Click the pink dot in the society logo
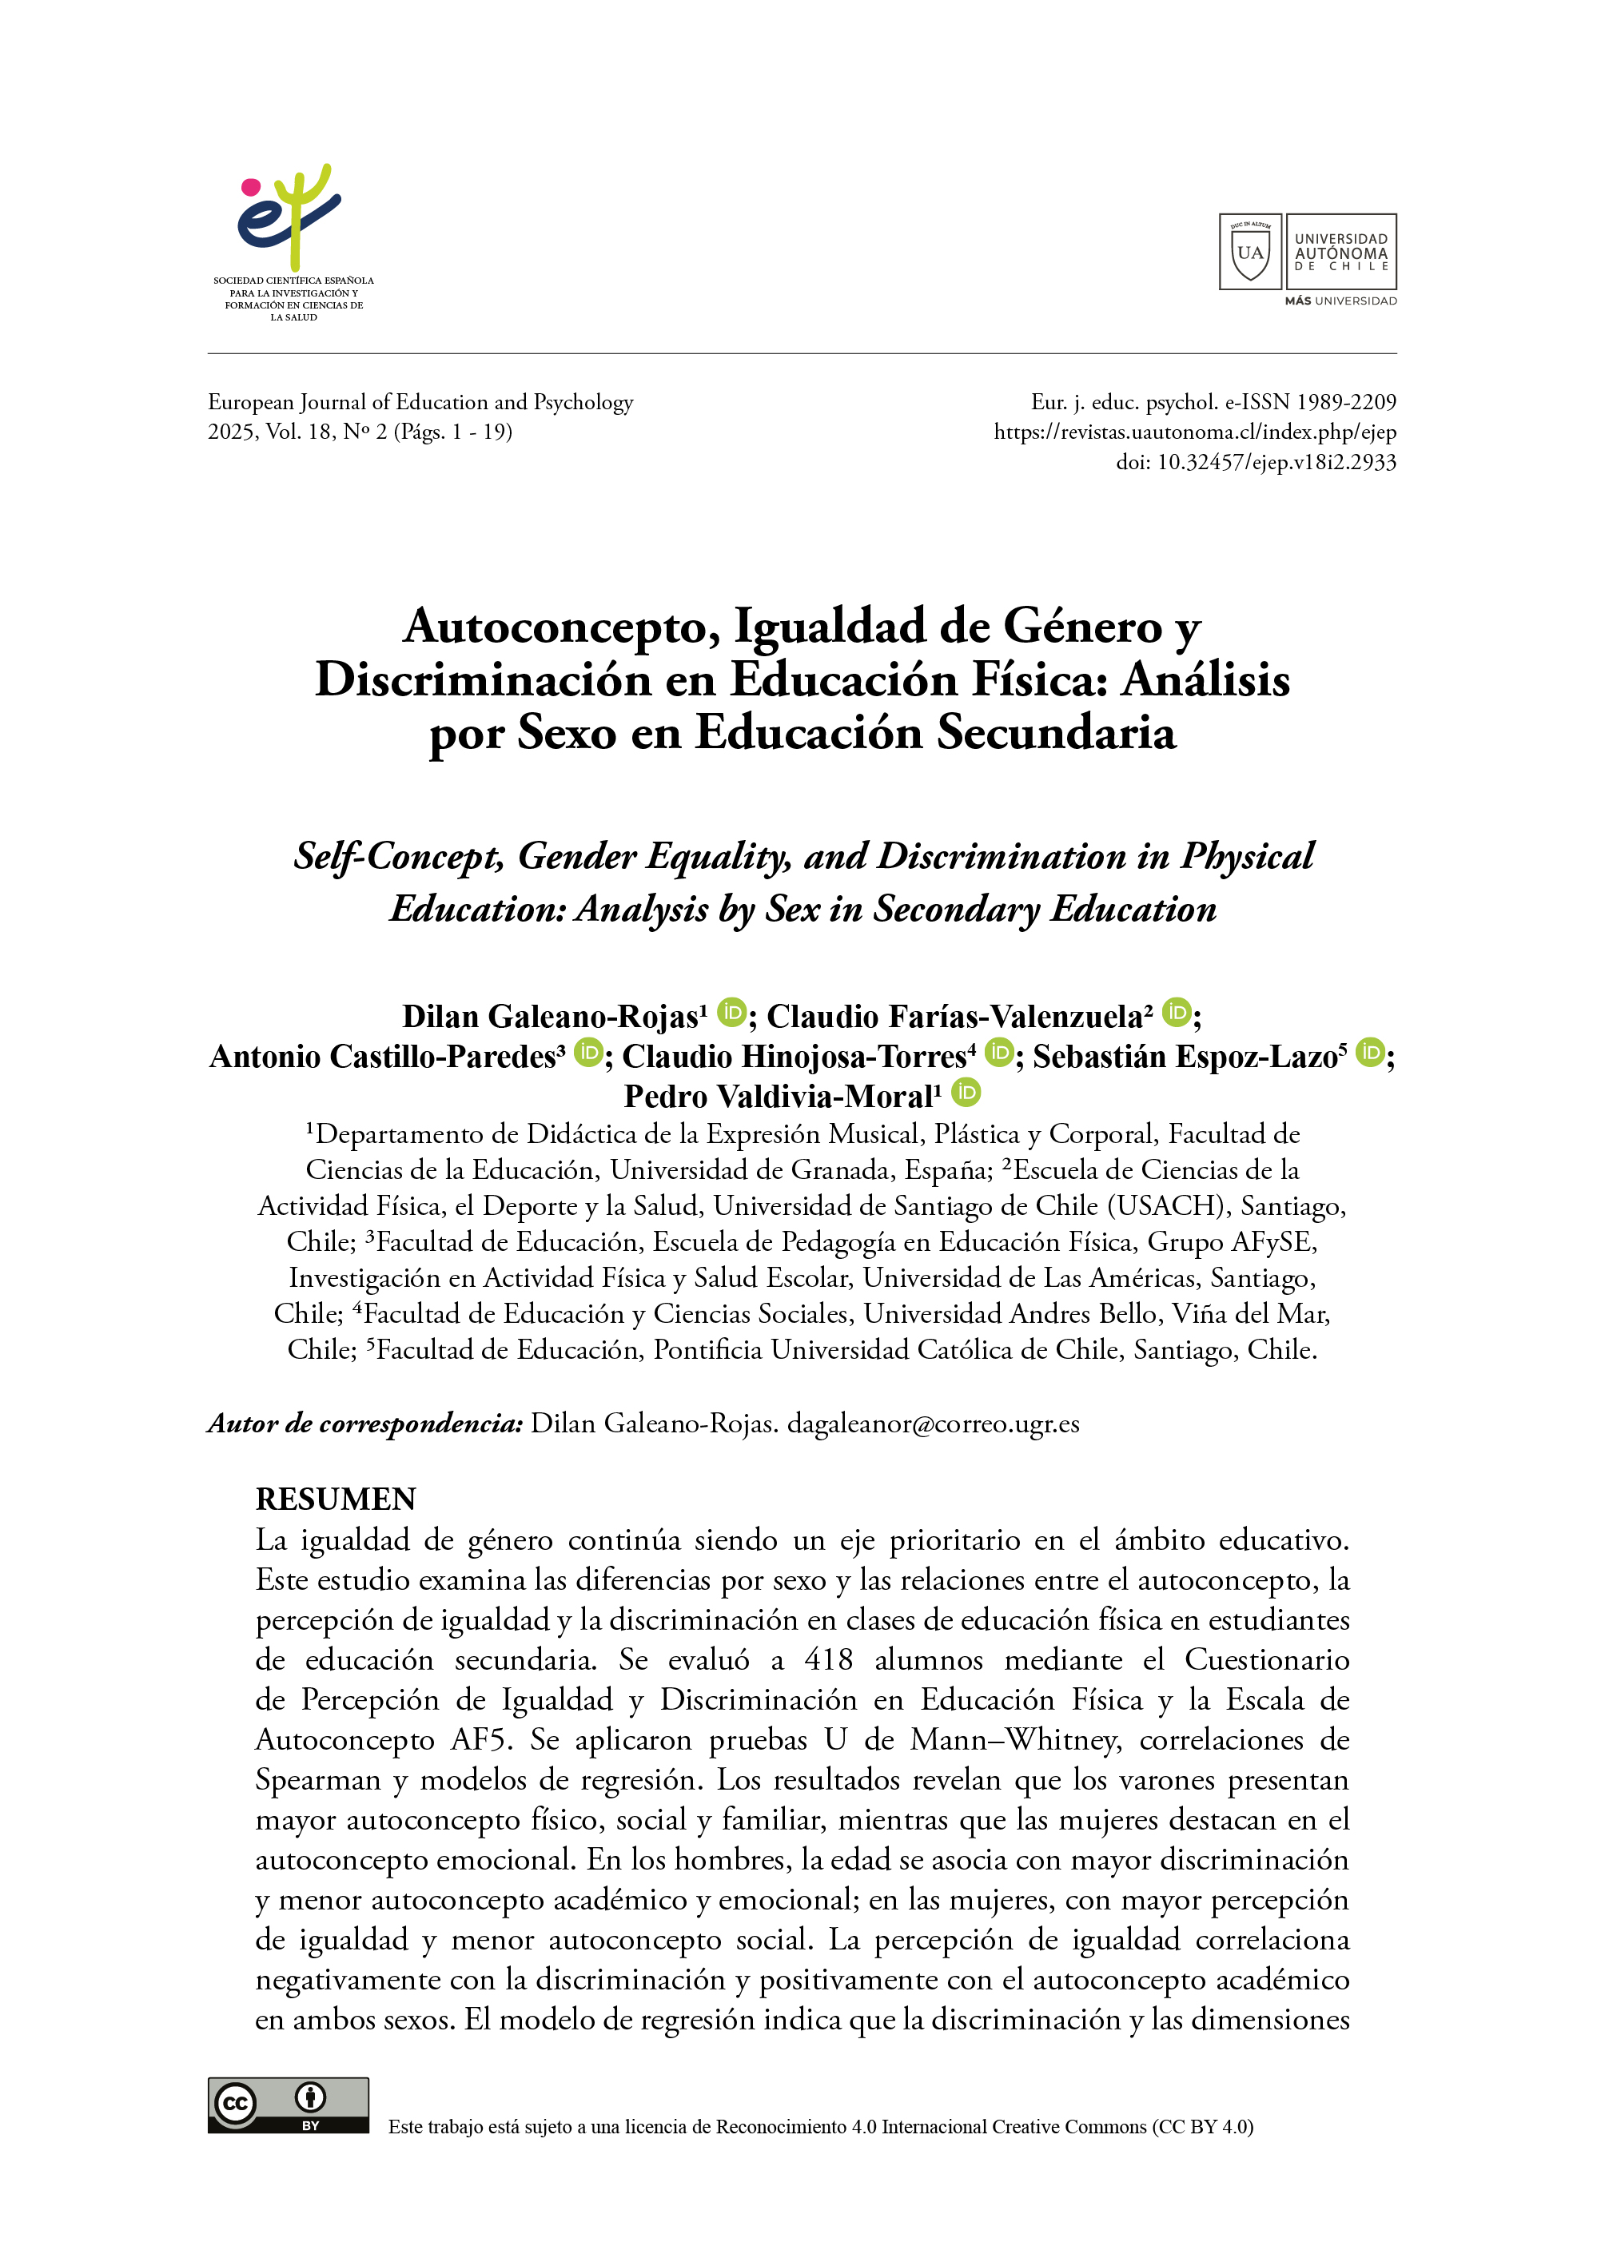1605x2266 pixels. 251,187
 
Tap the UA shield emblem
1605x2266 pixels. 1250,252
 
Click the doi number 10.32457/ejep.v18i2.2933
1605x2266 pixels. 1276,463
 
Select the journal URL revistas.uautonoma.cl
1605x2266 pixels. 1195,432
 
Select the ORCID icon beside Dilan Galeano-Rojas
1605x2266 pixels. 731,1013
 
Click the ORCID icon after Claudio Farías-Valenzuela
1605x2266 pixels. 1176,1013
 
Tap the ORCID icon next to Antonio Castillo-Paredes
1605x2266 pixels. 588,1053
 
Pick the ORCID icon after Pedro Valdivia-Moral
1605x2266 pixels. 966,1093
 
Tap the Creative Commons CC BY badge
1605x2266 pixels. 288,2105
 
